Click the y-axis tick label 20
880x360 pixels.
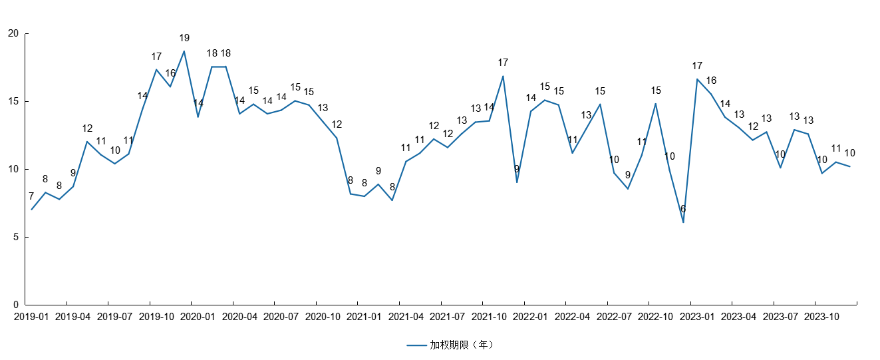tap(13, 34)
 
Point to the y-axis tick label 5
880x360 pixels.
tap(16, 238)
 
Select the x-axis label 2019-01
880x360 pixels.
tap(31, 317)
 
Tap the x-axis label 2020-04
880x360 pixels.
tap(239, 317)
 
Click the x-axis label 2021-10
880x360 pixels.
tap(489, 317)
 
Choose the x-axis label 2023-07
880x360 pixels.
tap(780, 317)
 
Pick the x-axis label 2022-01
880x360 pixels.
tap(530, 317)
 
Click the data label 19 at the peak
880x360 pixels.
tap(184, 38)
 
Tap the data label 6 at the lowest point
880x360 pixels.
tap(683, 209)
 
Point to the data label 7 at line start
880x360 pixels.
tap(31, 196)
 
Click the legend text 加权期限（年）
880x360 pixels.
tap(462, 345)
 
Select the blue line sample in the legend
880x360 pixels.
tap(416, 345)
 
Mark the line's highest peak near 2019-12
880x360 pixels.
tap(184, 51)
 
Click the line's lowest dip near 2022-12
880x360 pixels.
tap(683, 222)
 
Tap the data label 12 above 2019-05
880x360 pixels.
tap(87, 128)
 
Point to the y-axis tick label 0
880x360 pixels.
tap(16, 305)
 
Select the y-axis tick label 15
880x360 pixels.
tap(13, 102)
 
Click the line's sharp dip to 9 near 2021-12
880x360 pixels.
tap(517, 182)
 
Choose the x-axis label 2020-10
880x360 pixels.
tap(323, 317)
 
